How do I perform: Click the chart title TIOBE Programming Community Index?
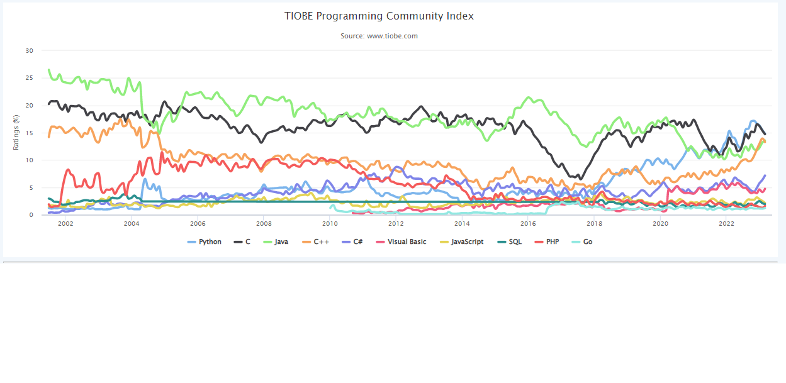point(379,16)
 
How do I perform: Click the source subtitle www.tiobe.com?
point(379,36)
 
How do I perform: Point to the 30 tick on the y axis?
point(29,50)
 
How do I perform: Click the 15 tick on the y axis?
point(29,133)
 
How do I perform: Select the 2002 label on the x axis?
point(65,223)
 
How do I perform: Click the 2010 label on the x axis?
point(330,223)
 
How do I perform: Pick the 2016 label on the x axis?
point(528,223)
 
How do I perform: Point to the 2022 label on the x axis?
point(726,223)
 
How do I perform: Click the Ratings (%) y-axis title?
point(16,133)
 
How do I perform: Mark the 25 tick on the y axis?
point(29,78)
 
